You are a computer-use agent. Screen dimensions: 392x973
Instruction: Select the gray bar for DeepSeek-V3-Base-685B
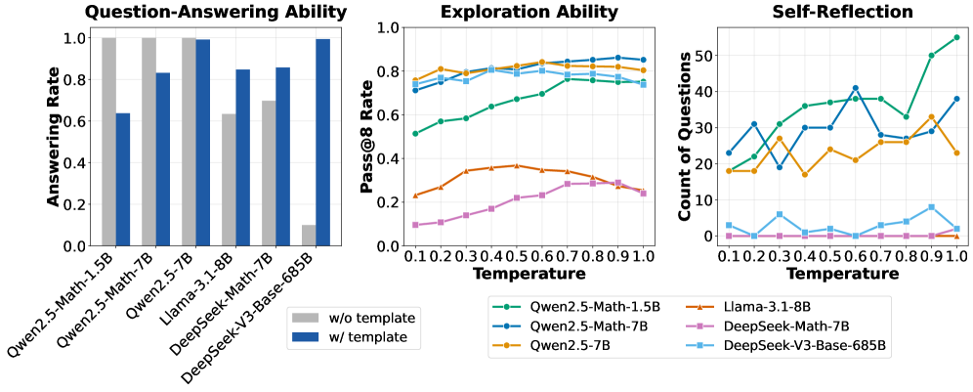308,236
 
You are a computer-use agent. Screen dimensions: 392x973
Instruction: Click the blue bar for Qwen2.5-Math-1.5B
122,180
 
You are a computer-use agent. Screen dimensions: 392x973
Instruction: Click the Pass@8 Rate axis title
368,137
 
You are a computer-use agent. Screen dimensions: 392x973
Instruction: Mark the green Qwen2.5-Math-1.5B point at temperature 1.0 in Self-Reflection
955,37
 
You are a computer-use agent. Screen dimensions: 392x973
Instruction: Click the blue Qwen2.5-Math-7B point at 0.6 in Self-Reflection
854,88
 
